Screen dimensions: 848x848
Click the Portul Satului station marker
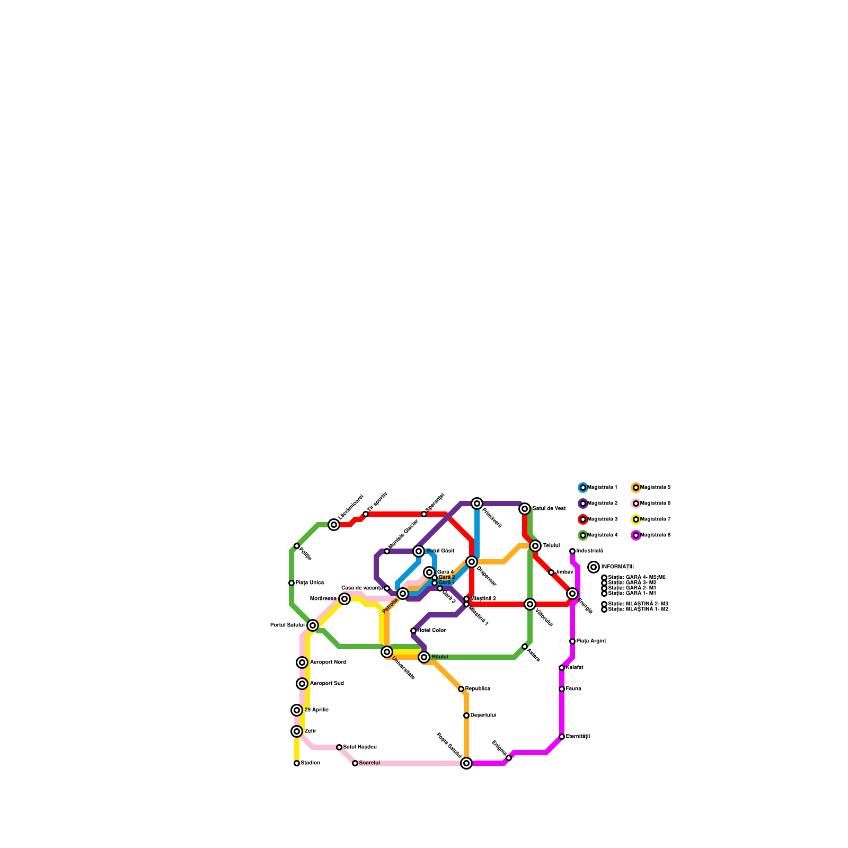click(313, 625)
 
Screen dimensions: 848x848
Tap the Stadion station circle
click(297, 763)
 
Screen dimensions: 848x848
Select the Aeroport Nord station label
click(328, 662)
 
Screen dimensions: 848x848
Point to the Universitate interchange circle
click(387, 652)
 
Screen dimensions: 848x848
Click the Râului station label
click(440, 657)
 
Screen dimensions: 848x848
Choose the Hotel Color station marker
click(413, 631)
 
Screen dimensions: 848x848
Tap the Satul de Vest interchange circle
click(525, 509)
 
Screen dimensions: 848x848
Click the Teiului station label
click(551, 546)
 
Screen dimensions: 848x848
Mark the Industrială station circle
click(572, 551)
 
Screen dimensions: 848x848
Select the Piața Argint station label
click(591, 641)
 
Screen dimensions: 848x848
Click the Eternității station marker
click(562, 737)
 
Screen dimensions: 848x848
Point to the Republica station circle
click(461, 689)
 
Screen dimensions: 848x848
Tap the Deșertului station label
click(483, 715)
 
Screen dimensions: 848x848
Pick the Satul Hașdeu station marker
click(339, 747)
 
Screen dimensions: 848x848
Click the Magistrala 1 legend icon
click(583, 488)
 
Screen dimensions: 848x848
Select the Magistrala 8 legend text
click(656, 535)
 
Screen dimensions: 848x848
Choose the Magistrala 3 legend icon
click(583, 519)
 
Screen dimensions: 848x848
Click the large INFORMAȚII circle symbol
click(594, 567)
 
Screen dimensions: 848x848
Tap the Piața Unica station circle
click(291, 583)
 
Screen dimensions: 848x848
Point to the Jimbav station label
click(564, 572)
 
